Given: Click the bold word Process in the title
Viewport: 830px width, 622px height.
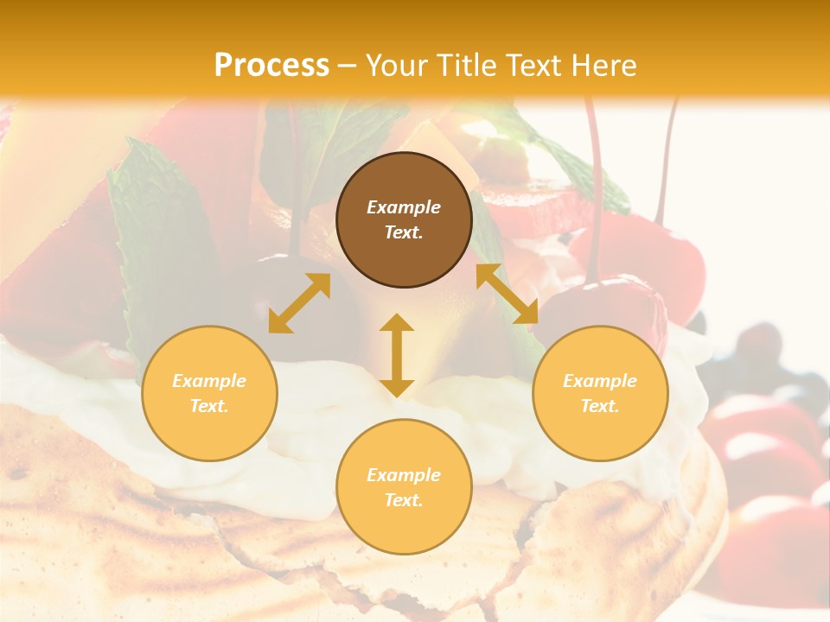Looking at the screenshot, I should [x=271, y=66].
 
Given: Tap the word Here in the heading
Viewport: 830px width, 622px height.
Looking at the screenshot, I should [x=603, y=66].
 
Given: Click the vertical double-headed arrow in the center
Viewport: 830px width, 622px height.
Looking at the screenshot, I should [x=397, y=355].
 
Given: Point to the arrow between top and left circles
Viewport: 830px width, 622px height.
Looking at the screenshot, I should [x=299, y=303].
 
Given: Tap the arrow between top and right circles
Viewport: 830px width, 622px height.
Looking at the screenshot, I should [x=508, y=295].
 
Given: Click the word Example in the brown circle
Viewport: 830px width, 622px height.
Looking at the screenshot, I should [x=404, y=207].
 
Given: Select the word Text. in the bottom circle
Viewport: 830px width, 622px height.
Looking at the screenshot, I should [x=404, y=500].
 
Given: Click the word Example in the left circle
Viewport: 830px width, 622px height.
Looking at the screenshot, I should [x=209, y=381].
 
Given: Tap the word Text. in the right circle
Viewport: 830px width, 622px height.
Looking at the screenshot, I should [x=600, y=406].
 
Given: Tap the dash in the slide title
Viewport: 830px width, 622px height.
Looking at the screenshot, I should [x=348, y=66].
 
